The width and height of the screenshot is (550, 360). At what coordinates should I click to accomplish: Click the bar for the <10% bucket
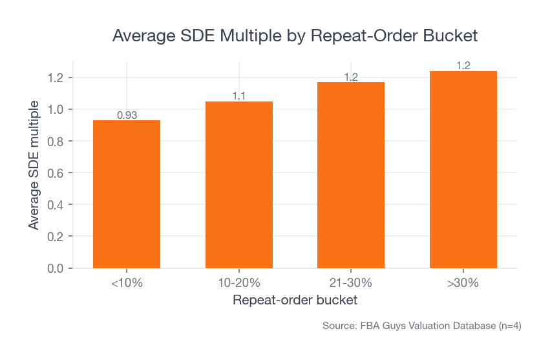pyautogui.click(x=127, y=194)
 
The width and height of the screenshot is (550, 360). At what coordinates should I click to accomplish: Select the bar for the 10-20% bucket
pyautogui.click(x=239, y=185)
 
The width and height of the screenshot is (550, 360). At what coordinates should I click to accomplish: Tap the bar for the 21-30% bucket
pyautogui.click(x=351, y=175)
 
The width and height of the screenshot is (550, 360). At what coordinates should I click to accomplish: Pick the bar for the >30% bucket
pyautogui.click(x=463, y=169)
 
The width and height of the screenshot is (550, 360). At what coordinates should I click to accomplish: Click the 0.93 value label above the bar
pyautogui.click(x=127, y=116)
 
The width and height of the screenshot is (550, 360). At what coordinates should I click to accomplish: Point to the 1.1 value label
pyautogui.click(x=239, y=96)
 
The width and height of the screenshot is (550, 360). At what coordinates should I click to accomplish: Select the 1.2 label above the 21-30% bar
pyautogui.click(x=351, y=78)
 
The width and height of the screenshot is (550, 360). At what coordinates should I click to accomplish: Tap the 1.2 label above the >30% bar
pyautogui.click(x=463, y=66)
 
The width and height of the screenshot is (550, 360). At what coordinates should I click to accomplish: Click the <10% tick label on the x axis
pyautogui.click(x=127, y=282)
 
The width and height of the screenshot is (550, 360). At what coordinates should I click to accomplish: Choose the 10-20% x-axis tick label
pyautogui.click(x=239, y=282)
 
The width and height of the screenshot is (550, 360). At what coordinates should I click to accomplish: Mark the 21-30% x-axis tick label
pyautogui.click(x=351, y=282)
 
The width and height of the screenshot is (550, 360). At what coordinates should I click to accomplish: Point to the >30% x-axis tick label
pyautogui.click(x=463, y=282)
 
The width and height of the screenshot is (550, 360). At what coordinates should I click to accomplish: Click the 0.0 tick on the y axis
pyautogui.click(x=56, y=268)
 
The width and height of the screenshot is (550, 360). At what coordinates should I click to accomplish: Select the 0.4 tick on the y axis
pyautogui.click(x=56, y=205)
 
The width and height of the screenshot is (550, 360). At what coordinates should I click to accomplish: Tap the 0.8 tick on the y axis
pyautogui.click(x=56, y=142)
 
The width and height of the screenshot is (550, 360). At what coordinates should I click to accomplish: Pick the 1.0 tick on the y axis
pyautogui.click(x=56, y=110)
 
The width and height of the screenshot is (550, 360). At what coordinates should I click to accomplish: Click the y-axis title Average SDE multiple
pyautogui.click(x=34, y=165)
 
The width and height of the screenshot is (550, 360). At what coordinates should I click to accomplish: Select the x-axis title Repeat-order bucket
pyautogui.click(x=295, y=301)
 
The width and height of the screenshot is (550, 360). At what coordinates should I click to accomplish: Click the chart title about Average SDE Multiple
pyautogui.click(x=295, y=36)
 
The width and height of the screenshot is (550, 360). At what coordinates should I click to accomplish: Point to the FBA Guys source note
pyautogui.click(x=421, y=326)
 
